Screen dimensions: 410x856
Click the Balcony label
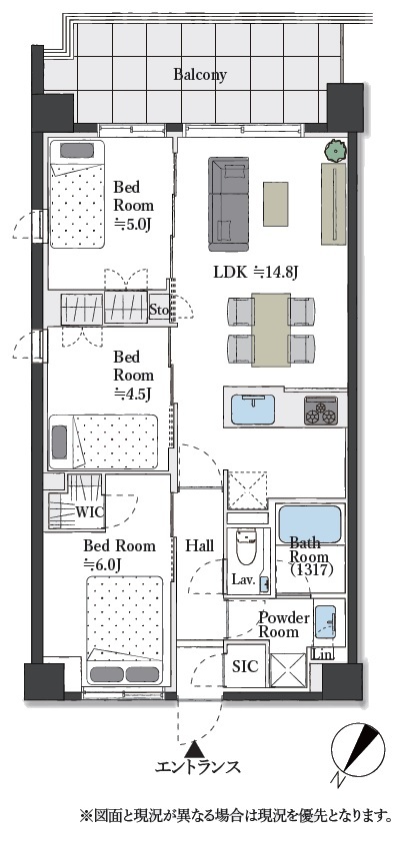point(200,74)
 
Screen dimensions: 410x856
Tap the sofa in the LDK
point(229,204)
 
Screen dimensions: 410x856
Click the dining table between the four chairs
point(271,330)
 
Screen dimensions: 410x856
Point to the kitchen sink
point(253,410)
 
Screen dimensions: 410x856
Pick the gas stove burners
point(321,412)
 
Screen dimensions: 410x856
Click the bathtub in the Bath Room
point(310,524)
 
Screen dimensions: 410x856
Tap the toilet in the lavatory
point(246,546)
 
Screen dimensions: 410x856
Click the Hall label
point(199,545)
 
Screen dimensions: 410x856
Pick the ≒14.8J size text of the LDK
point(278,272)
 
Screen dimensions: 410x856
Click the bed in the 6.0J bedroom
point(125,629)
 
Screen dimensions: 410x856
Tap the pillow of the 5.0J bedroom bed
point(77,150)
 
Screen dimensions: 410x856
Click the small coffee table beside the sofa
point(276,204)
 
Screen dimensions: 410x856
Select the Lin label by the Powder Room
point(321,653)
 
